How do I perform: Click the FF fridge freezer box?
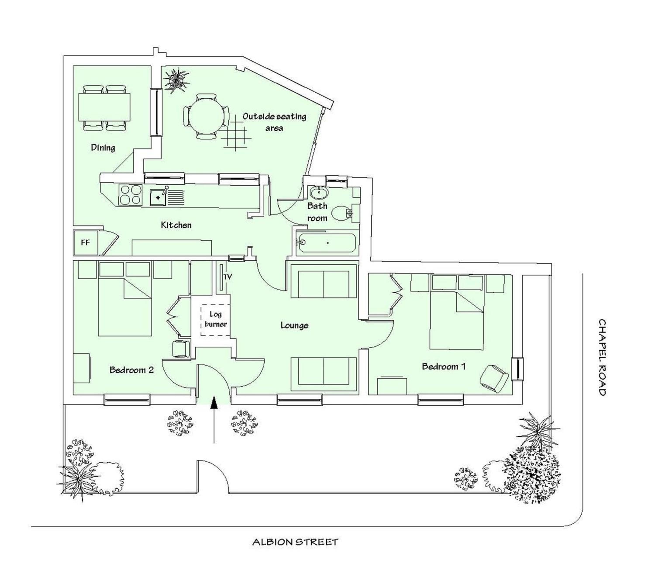pyautogui.click(x=85, y=243)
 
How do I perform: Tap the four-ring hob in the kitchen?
pyautogui.click(x=130, y=195)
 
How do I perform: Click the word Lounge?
pyautogui.click(x=295, y=325)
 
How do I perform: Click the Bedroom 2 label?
pyautogui.click(x=132, y=370)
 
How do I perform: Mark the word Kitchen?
pyautogui.click(x=176, y=225)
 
